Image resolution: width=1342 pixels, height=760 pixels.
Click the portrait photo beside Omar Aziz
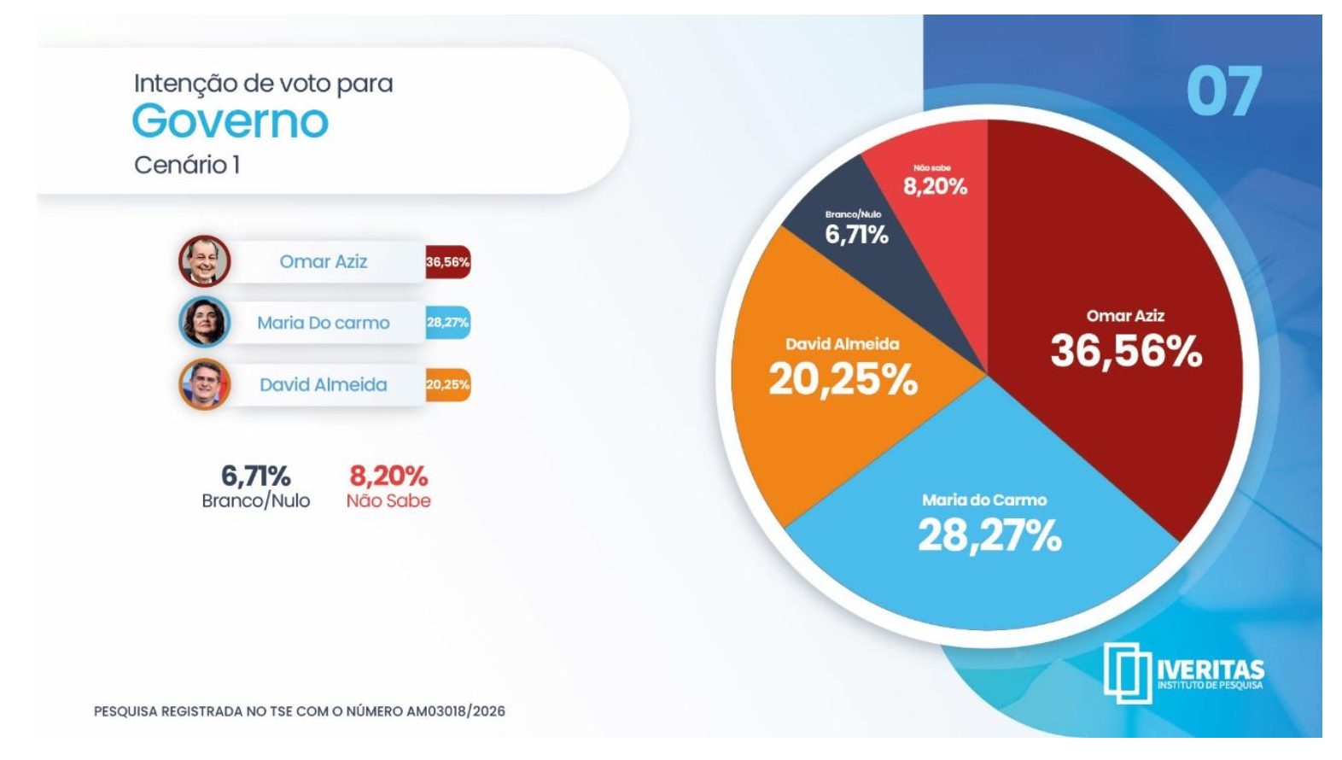(x=204, y=261)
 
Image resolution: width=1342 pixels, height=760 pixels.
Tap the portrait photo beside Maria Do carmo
(x=204, y=322)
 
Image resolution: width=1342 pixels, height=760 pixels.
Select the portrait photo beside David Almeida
(x=204, y=384)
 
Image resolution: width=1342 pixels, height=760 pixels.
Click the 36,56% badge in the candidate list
(x=447, y=262)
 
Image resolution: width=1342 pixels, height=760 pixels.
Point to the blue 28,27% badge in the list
(x=447, y=323)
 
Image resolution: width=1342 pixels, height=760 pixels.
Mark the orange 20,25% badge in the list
(x=447, y=384)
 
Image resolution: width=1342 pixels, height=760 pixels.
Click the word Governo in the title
(x=230, y=121)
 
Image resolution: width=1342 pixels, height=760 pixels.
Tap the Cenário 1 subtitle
(x=186, y=165)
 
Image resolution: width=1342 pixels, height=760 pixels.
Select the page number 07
(x=1223, y=92)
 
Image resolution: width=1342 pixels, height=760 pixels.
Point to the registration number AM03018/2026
(x=456, y=711)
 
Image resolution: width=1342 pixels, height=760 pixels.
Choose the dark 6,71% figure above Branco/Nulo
(x=255, y=476)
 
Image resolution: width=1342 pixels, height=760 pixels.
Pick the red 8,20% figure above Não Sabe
(x=388, y=476)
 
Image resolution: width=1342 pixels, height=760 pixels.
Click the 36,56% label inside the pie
(x=1126, y=351)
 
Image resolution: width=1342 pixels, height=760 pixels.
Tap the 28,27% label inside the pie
(x=989, y=536)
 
